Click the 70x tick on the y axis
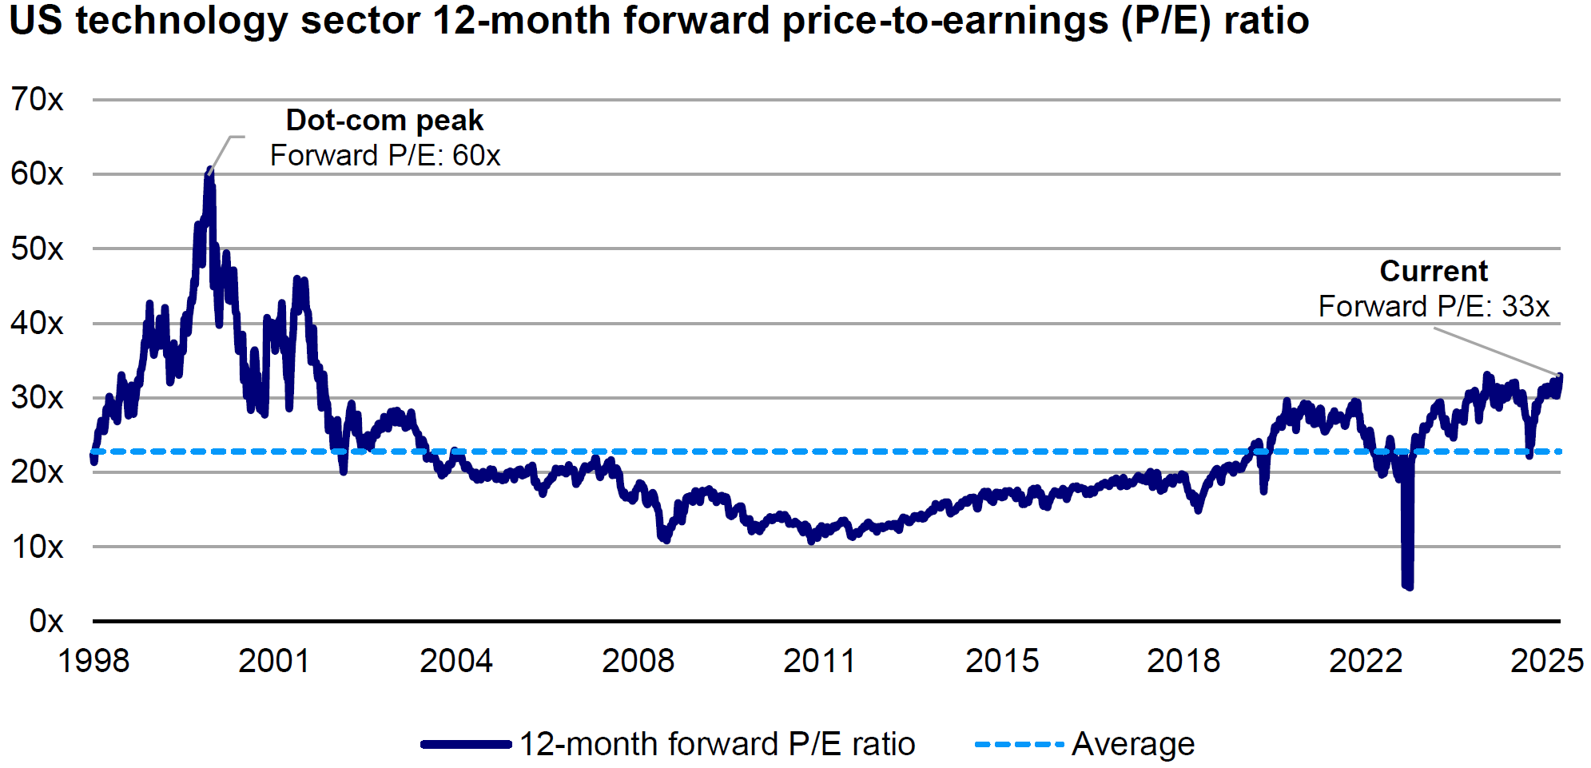coord(37,100)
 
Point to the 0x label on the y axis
coord(46,621)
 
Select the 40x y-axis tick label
coord(37,324)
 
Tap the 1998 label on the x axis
coord(93,661)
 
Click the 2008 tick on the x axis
coord(638,661)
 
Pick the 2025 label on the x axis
coord(1546,661)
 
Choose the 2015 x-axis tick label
coord(1002,661)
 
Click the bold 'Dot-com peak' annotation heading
coord(384,121)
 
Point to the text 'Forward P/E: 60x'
coord(385,156)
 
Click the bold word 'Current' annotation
coord(1434,271)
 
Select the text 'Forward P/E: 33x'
coord(1434,307)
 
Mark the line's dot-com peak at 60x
coord(209,171)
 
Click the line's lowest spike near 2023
coord(1407,586)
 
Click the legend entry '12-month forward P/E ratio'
coord(717,744)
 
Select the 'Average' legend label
coord(1132,744)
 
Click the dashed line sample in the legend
coord(1019,744)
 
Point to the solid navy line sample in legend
coord(466,744)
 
